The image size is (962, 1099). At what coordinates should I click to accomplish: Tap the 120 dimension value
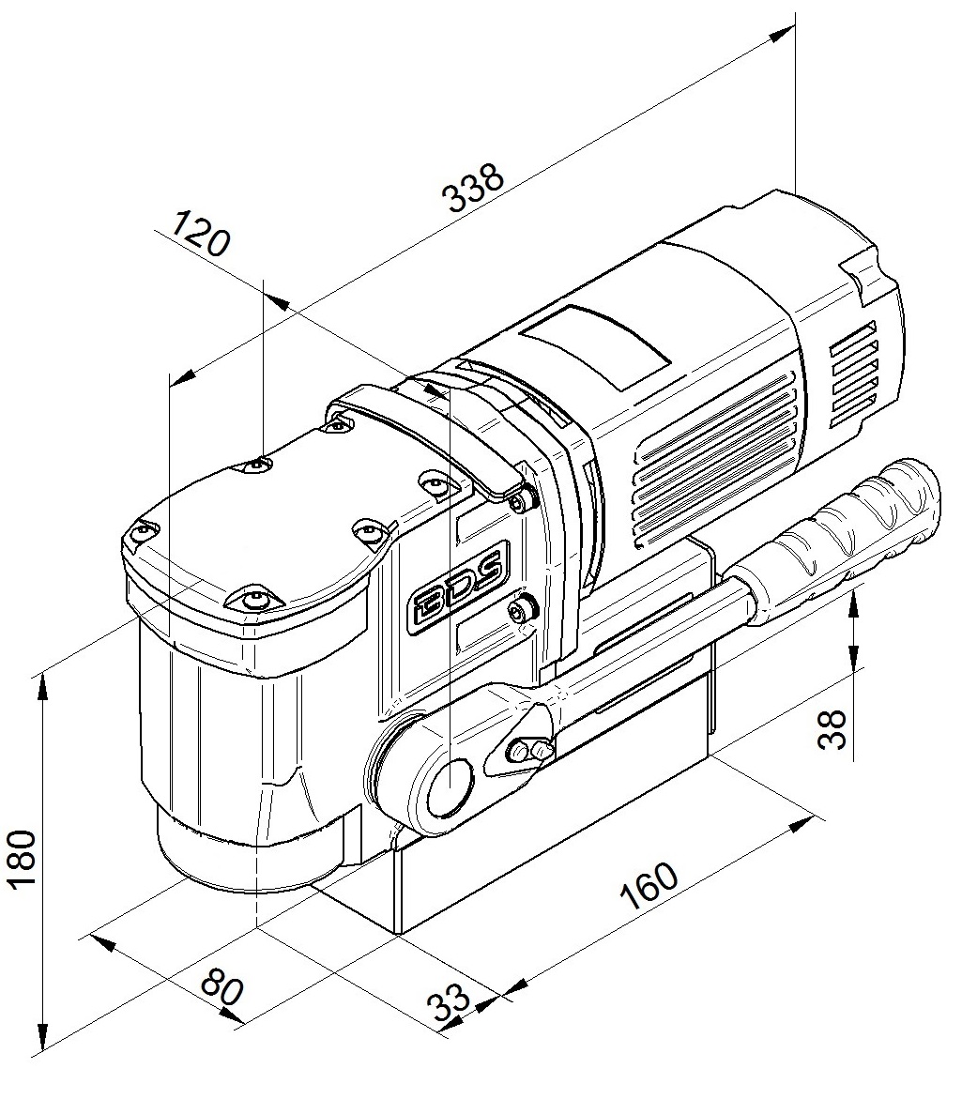point(201,234)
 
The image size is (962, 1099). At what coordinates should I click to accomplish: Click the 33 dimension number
point(450,1004)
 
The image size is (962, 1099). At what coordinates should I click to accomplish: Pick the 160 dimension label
point(649,886)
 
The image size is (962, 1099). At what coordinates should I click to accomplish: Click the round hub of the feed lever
point(450,785)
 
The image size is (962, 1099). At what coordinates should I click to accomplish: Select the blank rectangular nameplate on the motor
point(599,346)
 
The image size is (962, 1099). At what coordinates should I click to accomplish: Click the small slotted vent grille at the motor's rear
point(853,375)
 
